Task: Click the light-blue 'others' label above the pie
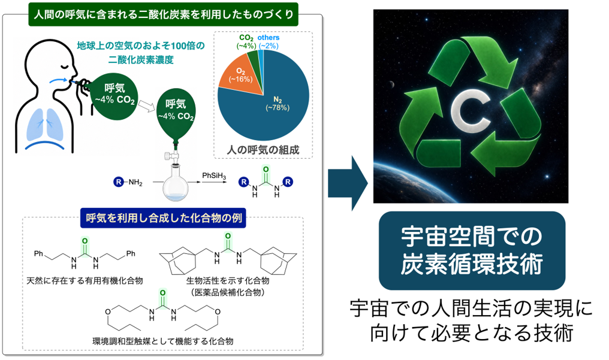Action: click(269, 38)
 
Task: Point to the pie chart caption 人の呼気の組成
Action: click(263, 150)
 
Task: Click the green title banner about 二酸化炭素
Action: click(164, 14)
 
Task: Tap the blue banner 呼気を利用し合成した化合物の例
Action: click(163, 218)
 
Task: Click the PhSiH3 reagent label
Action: click(214, 176)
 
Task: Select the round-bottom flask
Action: click(176, 182)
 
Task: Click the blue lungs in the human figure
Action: click(45, 124)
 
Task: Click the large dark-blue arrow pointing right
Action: click(348, 183)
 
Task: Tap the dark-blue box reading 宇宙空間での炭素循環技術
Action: click(472, 250)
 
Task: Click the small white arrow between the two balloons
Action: click(146, 105)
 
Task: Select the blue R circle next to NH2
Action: click(119, 181)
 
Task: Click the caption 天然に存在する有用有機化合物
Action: click(85, 280)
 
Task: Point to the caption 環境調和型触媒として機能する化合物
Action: click(162, 341)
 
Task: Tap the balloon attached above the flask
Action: click(176, 115)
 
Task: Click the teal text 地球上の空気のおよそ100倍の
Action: click(141, 46)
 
